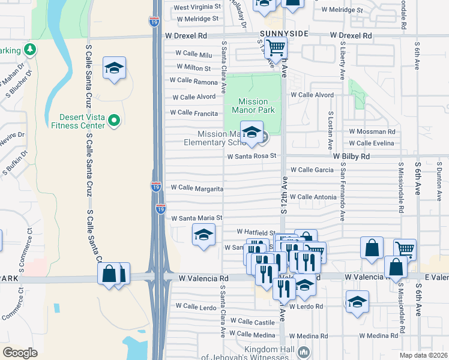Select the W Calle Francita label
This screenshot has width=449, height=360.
[x=194, y=112]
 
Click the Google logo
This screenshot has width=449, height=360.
[x=20, y=352]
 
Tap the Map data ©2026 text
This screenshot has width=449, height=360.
[x=423, y=355]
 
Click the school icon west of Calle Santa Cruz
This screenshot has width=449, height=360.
[x=113, y=69]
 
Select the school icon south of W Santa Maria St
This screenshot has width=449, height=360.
[x=203, y=235]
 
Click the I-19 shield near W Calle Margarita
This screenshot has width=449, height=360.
[x=155, y=187]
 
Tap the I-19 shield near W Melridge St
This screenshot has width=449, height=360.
[x=154, y=21]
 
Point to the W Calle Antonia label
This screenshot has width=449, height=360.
[x=317, y=197]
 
